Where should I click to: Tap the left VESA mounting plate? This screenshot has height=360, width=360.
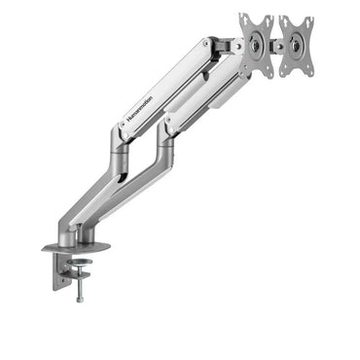(257, 43)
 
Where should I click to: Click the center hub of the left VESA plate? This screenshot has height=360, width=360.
(257, 44)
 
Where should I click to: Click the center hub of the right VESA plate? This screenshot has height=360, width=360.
(298, 45)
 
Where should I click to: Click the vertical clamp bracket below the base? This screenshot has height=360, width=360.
(60, 276)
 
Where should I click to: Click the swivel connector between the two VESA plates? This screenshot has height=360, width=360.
(277, 45)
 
